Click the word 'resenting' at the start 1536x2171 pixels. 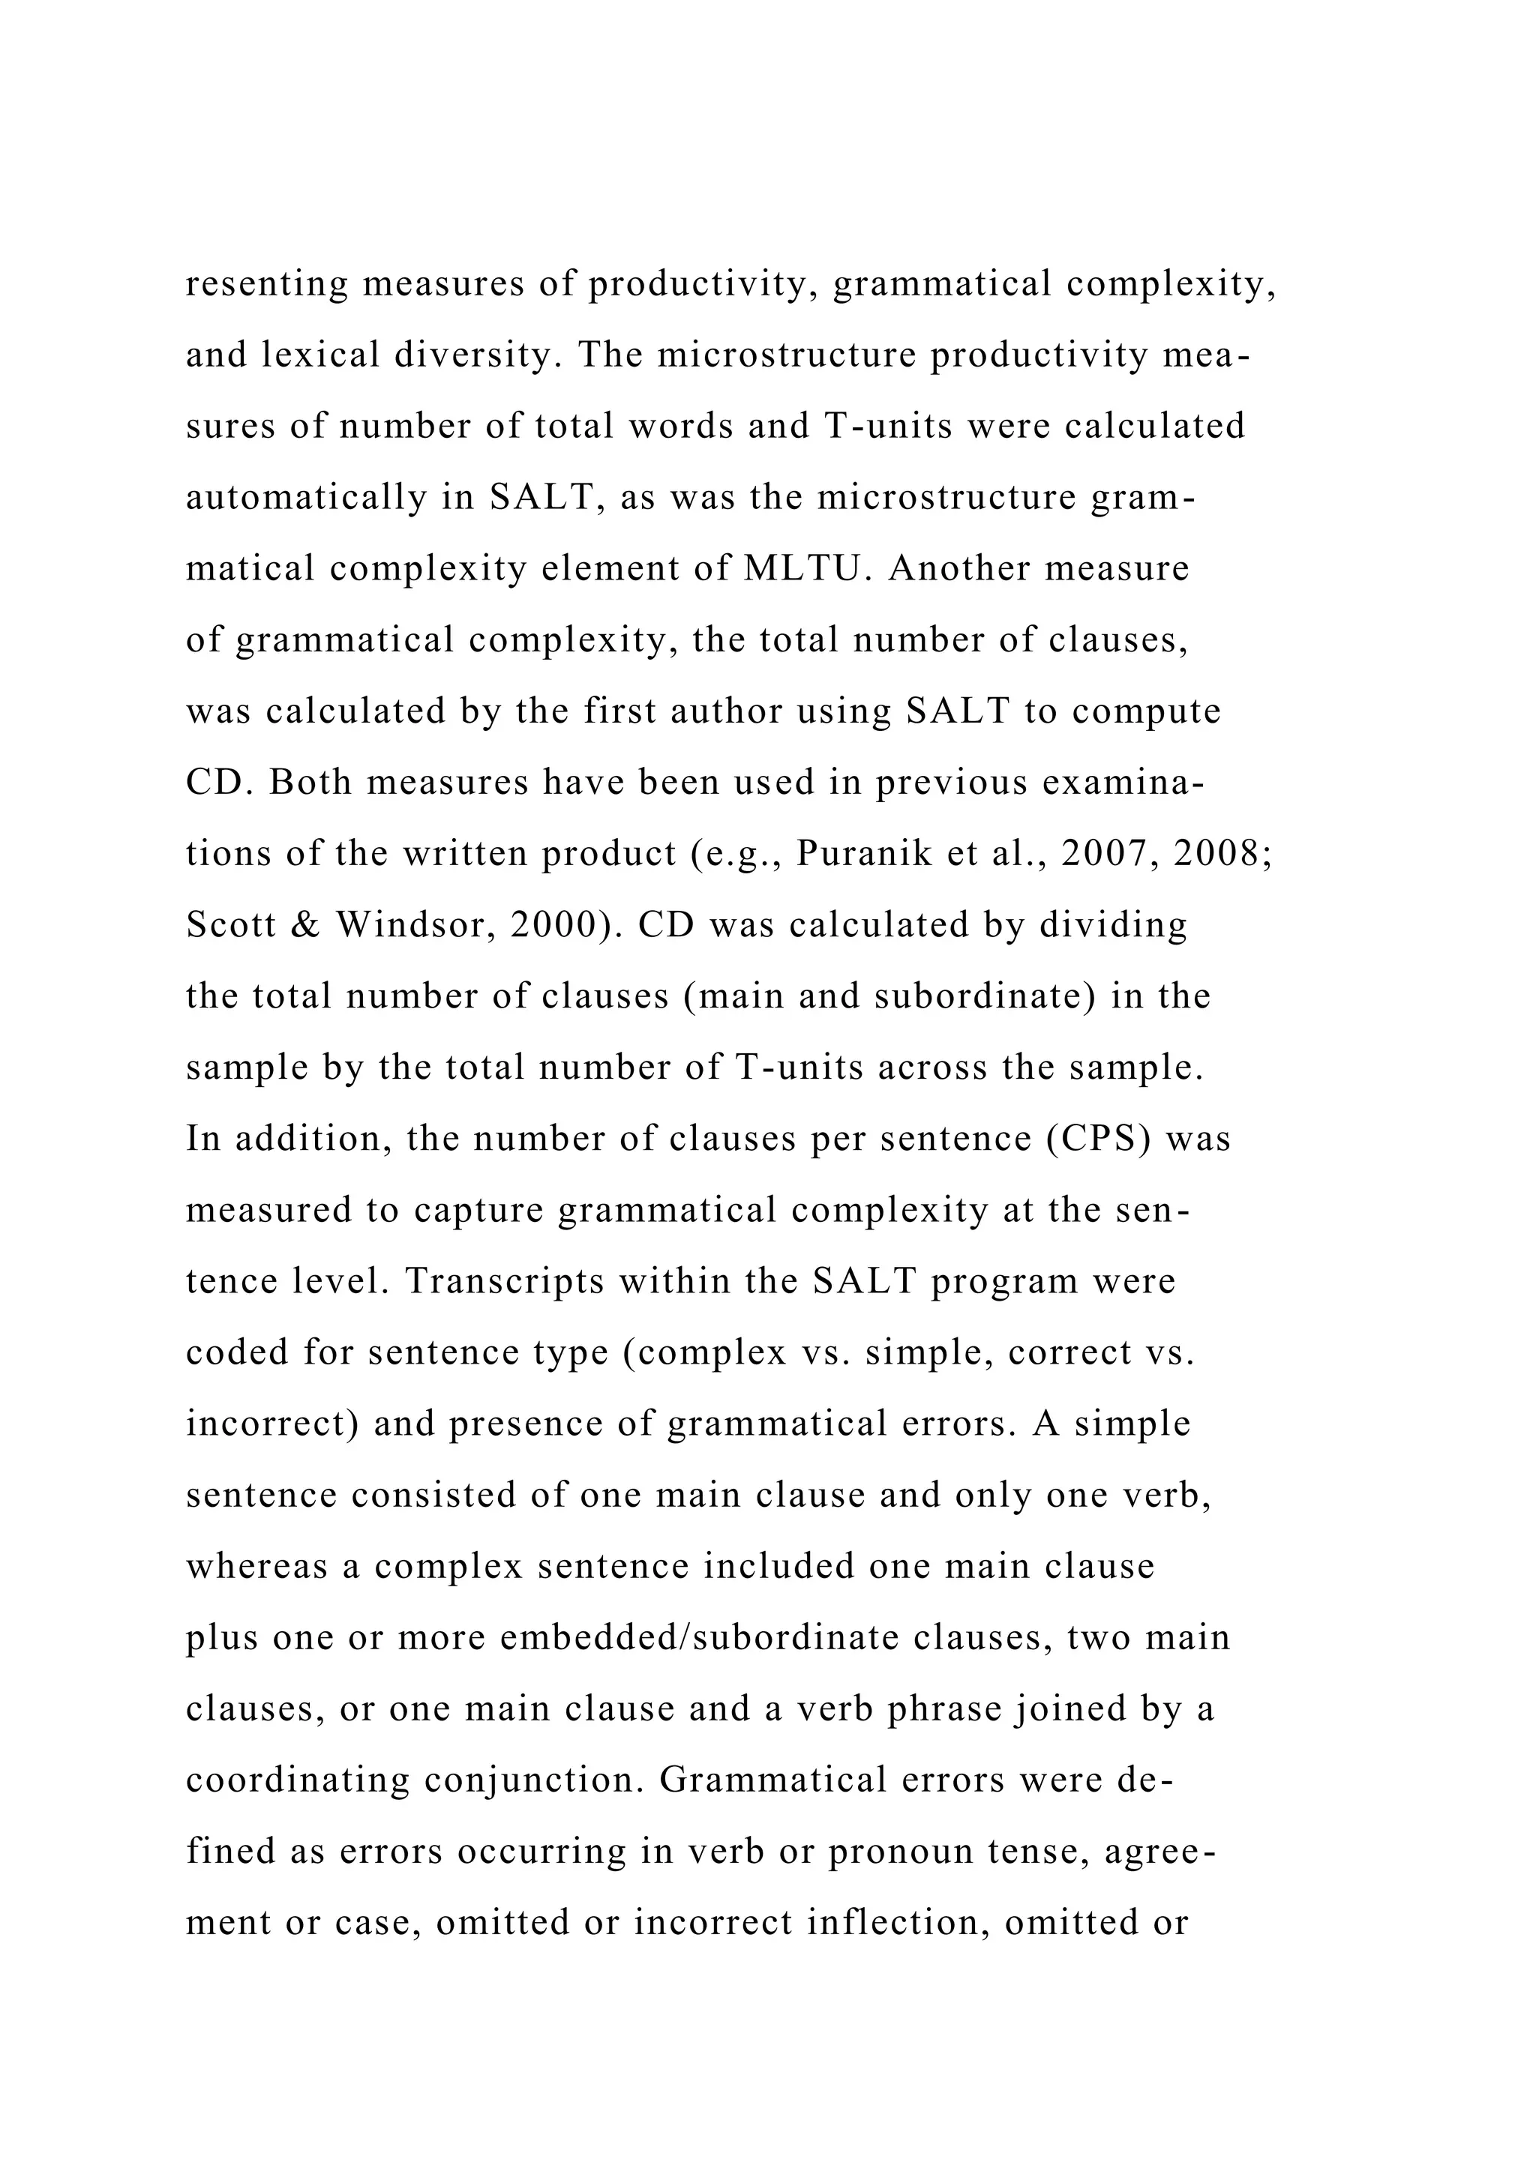pos(267,283)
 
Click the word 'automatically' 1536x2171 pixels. pos(305,497)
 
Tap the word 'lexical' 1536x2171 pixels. pos(321,355)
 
